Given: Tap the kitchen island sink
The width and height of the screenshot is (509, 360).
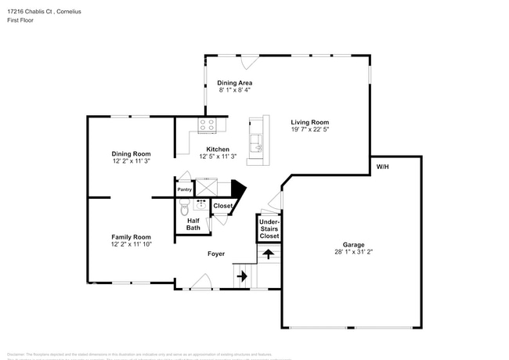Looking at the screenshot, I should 255,142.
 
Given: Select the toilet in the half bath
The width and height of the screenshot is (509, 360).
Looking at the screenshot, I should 184,207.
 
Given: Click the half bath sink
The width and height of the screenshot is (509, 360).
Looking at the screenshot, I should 200,205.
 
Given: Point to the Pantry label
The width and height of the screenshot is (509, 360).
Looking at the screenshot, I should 185,189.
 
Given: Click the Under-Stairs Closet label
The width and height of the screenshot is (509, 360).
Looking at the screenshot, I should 269,229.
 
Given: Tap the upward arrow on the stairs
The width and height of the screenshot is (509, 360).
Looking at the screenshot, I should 268,254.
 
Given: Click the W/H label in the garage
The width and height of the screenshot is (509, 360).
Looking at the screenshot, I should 383,167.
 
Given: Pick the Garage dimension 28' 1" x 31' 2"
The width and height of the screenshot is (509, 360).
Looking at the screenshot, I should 348,253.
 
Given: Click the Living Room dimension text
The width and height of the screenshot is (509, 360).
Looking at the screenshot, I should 309,130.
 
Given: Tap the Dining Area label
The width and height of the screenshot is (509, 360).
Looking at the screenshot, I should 236,83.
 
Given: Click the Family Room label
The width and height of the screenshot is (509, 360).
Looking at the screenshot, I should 131,236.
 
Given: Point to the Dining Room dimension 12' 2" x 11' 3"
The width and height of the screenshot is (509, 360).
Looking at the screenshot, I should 131,161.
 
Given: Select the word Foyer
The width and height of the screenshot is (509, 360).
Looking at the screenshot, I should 217,254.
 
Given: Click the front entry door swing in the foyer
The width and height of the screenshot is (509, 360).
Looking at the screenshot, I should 202,282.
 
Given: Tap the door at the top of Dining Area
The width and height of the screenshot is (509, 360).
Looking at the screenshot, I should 250,62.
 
